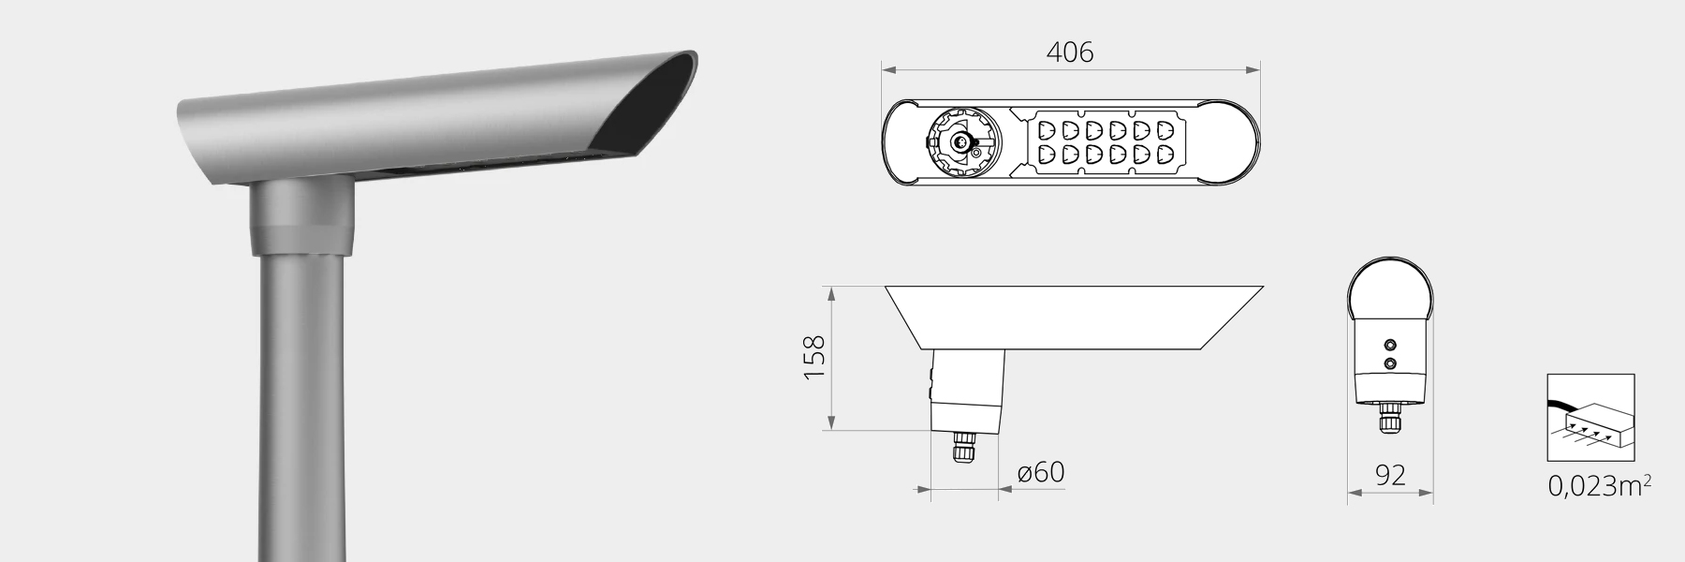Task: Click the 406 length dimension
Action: (1069, 52)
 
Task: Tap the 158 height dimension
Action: (814, 357)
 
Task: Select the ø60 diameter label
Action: (1041, 472)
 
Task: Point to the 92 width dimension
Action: (1390, 475)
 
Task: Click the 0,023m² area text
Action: (1599, 485)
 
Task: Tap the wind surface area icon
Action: (1590, 418)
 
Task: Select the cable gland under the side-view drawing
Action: (962, 446)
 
